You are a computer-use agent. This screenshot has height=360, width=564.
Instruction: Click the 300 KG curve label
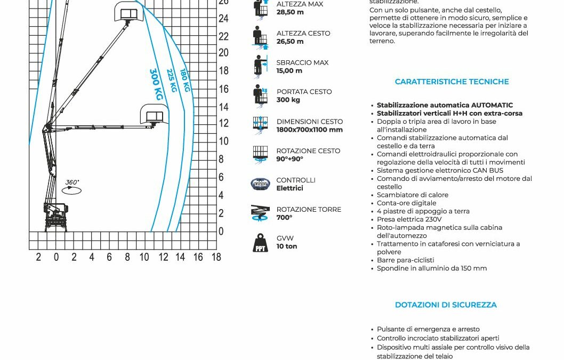tap(156, 84)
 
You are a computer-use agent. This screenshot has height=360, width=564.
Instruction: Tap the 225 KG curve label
tap(172, 81)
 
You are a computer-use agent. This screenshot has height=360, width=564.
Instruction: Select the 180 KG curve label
tap(185, 80)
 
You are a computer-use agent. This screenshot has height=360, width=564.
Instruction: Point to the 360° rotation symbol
tap(72, 187)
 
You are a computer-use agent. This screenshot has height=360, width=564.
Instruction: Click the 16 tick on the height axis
tap(224, 89)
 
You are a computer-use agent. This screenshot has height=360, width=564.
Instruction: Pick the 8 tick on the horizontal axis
tap(127, 257)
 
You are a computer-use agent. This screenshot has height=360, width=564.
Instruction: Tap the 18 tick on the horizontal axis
tap(216, 257)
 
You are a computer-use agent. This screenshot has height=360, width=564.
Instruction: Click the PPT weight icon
tap(261, 243)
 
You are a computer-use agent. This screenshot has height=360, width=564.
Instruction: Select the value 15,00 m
tap(289, 71)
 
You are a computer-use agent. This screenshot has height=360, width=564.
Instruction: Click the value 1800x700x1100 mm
tap(309, 130)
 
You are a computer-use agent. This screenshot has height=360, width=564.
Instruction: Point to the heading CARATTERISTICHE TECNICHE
tap(452, 82)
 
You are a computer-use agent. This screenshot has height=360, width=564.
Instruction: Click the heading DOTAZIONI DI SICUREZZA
tap(446, 305)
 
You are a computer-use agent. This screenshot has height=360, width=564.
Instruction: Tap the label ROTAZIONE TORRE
tap(309, 210)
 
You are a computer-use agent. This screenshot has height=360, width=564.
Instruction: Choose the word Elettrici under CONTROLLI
tap(289, 188)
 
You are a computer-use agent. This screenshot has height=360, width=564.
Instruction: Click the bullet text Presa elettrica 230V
tap(409, 219)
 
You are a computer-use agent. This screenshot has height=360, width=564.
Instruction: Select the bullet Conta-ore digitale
tap(406, 203)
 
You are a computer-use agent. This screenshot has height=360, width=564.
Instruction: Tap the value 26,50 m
tap(290, 42)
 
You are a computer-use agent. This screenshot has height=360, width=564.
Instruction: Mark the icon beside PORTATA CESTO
tap(261, 96)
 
